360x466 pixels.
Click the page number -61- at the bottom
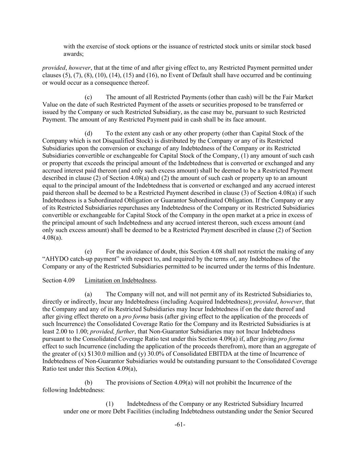click(180, 424)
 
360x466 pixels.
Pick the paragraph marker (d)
click(88, 133)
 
